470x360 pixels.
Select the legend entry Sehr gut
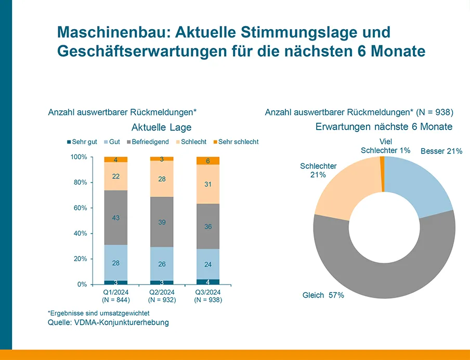82,142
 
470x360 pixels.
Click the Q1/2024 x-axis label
115,292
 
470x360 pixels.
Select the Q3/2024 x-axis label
207,292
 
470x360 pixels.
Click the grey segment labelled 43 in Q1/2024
115,217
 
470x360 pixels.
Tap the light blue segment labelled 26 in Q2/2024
162,264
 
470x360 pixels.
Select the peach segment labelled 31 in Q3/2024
207,184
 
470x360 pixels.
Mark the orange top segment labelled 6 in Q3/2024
207,161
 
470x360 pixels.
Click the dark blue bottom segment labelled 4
207,282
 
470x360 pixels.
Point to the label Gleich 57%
323,295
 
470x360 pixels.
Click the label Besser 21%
441,151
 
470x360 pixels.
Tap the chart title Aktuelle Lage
161,127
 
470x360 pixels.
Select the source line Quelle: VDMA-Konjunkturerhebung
108,323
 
